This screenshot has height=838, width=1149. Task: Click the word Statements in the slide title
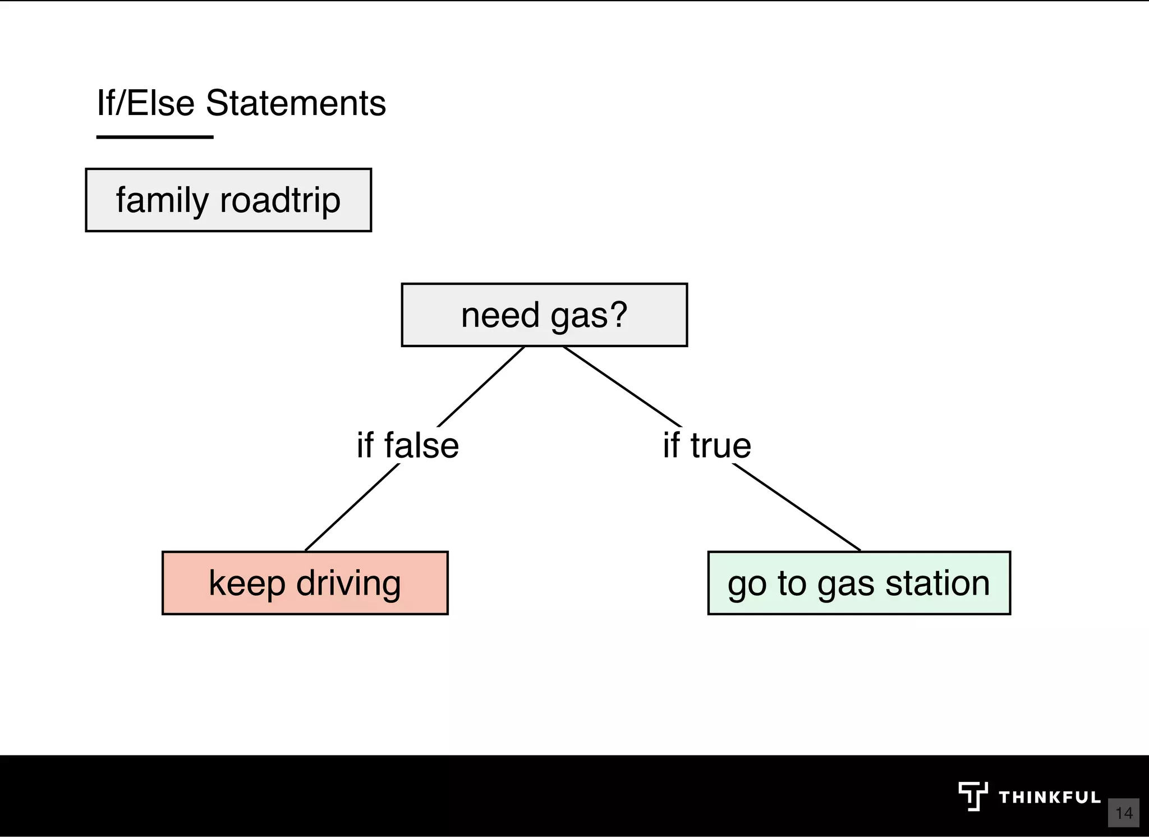click(x=296, y=103)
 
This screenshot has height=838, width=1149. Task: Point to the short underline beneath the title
click(x=155, y=137)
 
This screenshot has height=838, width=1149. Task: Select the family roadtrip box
click(x=228, y=200)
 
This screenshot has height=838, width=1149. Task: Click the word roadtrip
click(x=280, y=200)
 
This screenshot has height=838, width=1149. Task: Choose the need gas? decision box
click(x=544, y=315)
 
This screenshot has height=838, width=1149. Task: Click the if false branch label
click(x=408, y=445)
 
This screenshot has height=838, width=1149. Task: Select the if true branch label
click(x=706, y=445)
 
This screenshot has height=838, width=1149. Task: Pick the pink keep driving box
click(x=305, y=583)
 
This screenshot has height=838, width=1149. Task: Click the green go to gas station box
click(x=859, y=583)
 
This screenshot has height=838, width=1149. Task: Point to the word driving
click(x=348, y=584)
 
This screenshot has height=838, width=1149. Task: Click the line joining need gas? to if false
click(x=481, y=387)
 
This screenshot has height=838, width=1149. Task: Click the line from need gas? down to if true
click(x=622, y=387)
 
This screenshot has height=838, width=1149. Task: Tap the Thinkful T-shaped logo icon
click(x=972, y=796)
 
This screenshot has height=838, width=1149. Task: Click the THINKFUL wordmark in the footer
click(x=1049, y=797)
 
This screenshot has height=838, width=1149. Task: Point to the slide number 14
click(x=1124, y=813)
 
